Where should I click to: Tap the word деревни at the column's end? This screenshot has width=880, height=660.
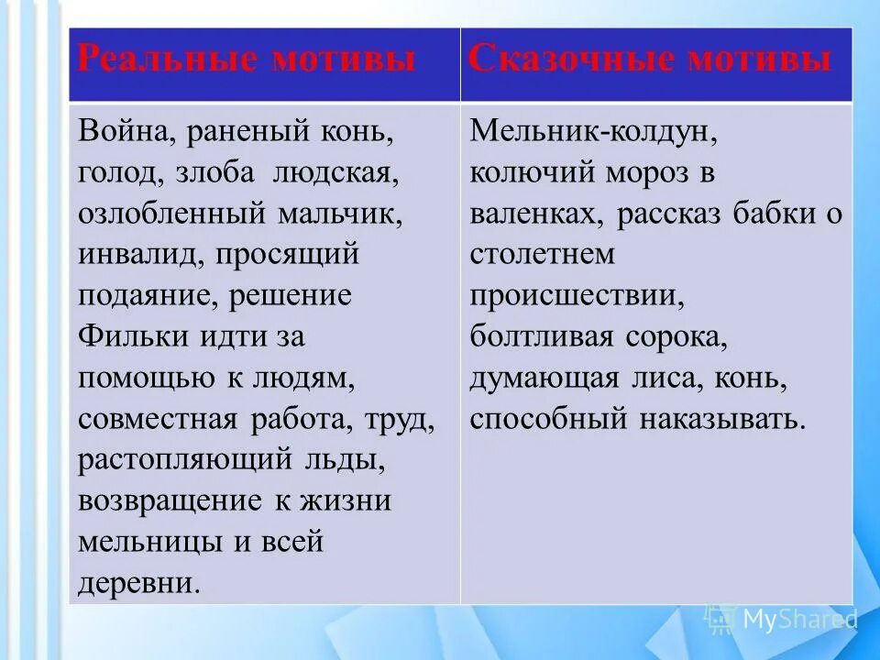point(137,584)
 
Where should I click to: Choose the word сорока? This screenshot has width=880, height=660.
point(676,337)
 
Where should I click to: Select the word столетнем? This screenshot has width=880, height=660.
point(543,255)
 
